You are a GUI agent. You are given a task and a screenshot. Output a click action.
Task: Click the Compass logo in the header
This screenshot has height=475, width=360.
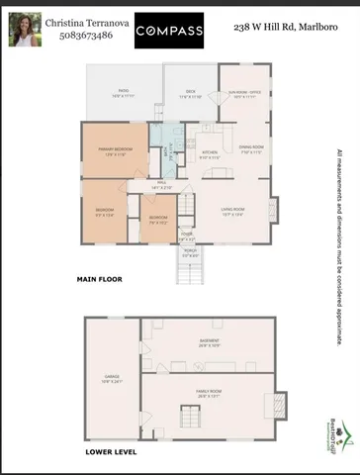169,31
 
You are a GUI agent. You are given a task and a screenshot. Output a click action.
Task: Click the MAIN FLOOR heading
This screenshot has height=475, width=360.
100,280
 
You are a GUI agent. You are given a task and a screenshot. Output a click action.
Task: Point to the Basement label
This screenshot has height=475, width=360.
210,344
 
